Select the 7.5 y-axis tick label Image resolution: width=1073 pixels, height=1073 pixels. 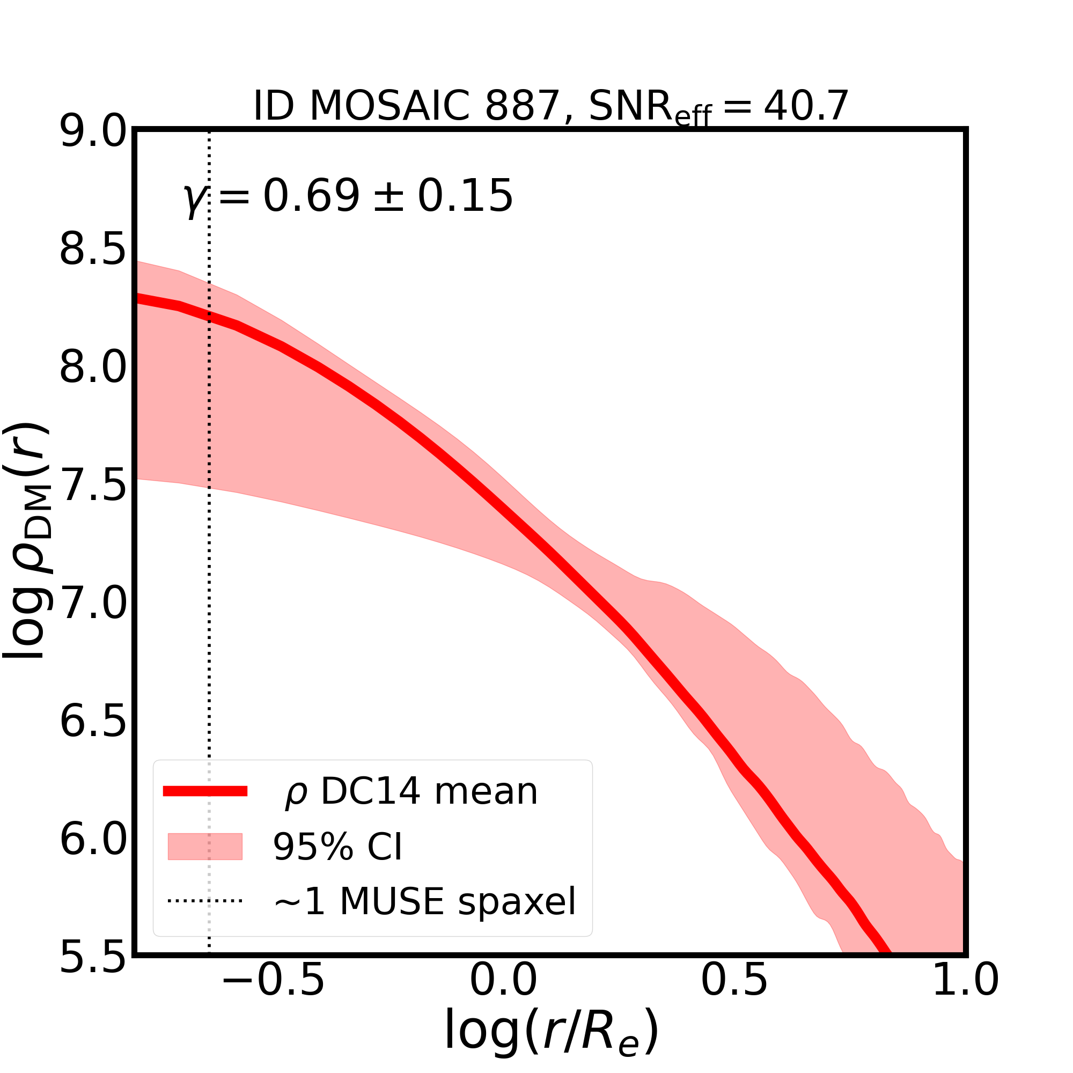tap(94, 486)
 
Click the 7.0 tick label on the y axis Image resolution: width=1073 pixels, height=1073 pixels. tap(94, 604)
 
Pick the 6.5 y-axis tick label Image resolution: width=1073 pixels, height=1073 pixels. tap(94, 722)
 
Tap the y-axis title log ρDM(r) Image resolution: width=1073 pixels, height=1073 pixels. tap(28, 541)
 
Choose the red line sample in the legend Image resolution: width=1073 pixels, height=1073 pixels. tap(205, 791)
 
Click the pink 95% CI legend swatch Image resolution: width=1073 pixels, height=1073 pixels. tap(205, 847)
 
